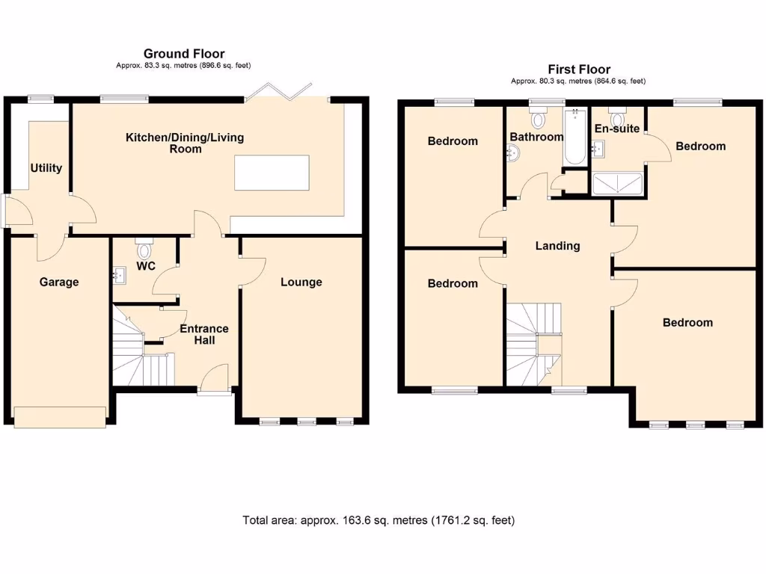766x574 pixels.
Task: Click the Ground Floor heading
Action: (184, 53)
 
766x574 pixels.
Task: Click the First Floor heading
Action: (578, 69)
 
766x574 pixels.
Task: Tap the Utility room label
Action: (46, 168)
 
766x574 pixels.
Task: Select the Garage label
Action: (59, 282)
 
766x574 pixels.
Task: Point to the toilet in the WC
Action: (144, 247)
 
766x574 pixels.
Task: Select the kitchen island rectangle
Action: (272, 173)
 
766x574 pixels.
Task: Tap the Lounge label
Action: (301, 282)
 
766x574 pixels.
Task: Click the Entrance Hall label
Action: (204, 334)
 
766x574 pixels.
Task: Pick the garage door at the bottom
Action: (60, 417)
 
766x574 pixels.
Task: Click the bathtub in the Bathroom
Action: (574, 138)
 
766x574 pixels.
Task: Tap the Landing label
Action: (557, 245)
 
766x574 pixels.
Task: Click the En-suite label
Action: (617, 129)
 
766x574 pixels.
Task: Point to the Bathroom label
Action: (536, 137)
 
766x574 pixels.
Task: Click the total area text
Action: (379, 520)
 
